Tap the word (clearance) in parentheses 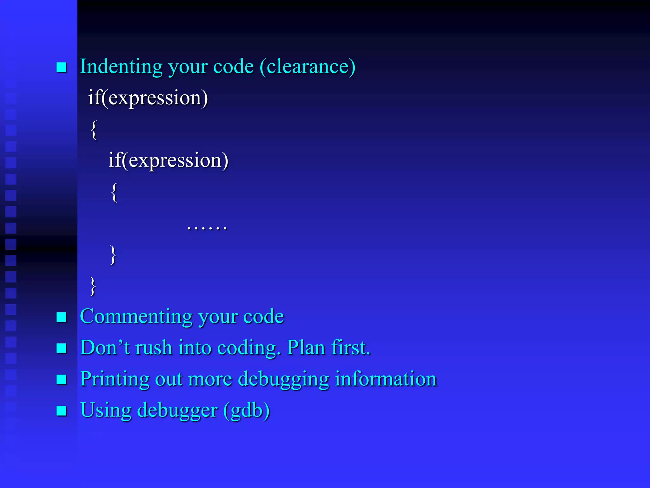tap(307, 67)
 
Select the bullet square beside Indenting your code tap(61, 67)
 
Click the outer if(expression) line tap(148, 98)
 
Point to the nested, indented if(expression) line tap(168, 160)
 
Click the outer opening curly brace tap(94, 130)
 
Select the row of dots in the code tap(207, 227)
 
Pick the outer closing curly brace tap(92, 286)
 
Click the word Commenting tap(136, 317)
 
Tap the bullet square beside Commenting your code tap(61, 317)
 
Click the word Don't tap(105, 347)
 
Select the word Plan tap(306, 347)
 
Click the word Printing tap(115, 379)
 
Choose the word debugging tap(283, 379)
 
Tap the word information tap(386, 379)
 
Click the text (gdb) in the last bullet tap(247, 410)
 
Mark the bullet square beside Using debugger tap(61, 411)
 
